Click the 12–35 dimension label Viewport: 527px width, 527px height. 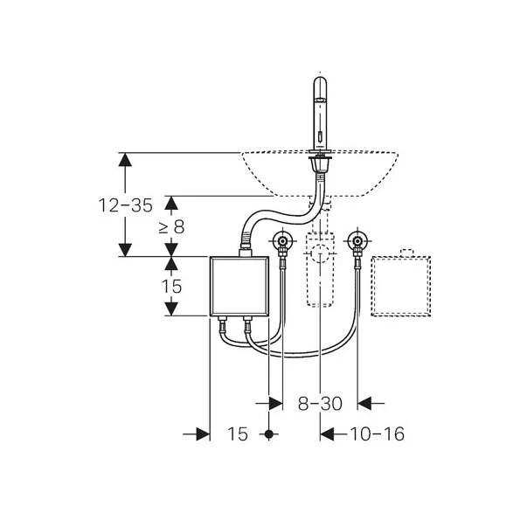pos(126,205)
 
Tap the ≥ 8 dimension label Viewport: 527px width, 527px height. pos(172,227)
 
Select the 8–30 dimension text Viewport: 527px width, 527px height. pos(320,403)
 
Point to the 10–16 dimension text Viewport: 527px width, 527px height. pos(377,433)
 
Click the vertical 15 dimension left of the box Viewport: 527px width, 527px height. pos(171,287)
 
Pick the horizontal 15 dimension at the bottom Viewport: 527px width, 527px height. pos(238,433)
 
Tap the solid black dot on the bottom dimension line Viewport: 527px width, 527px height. pos(269,434)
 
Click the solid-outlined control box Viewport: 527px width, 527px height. pos(239,287)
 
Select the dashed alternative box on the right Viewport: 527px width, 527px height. pos(400,287)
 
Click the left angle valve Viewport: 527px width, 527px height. pos(282,241)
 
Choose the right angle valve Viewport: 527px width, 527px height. pos(357,241)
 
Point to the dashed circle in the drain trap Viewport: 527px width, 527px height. pos(320,253)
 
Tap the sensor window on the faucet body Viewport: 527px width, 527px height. pos(320,137)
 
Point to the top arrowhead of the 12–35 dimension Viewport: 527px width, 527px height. pos(125,159)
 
